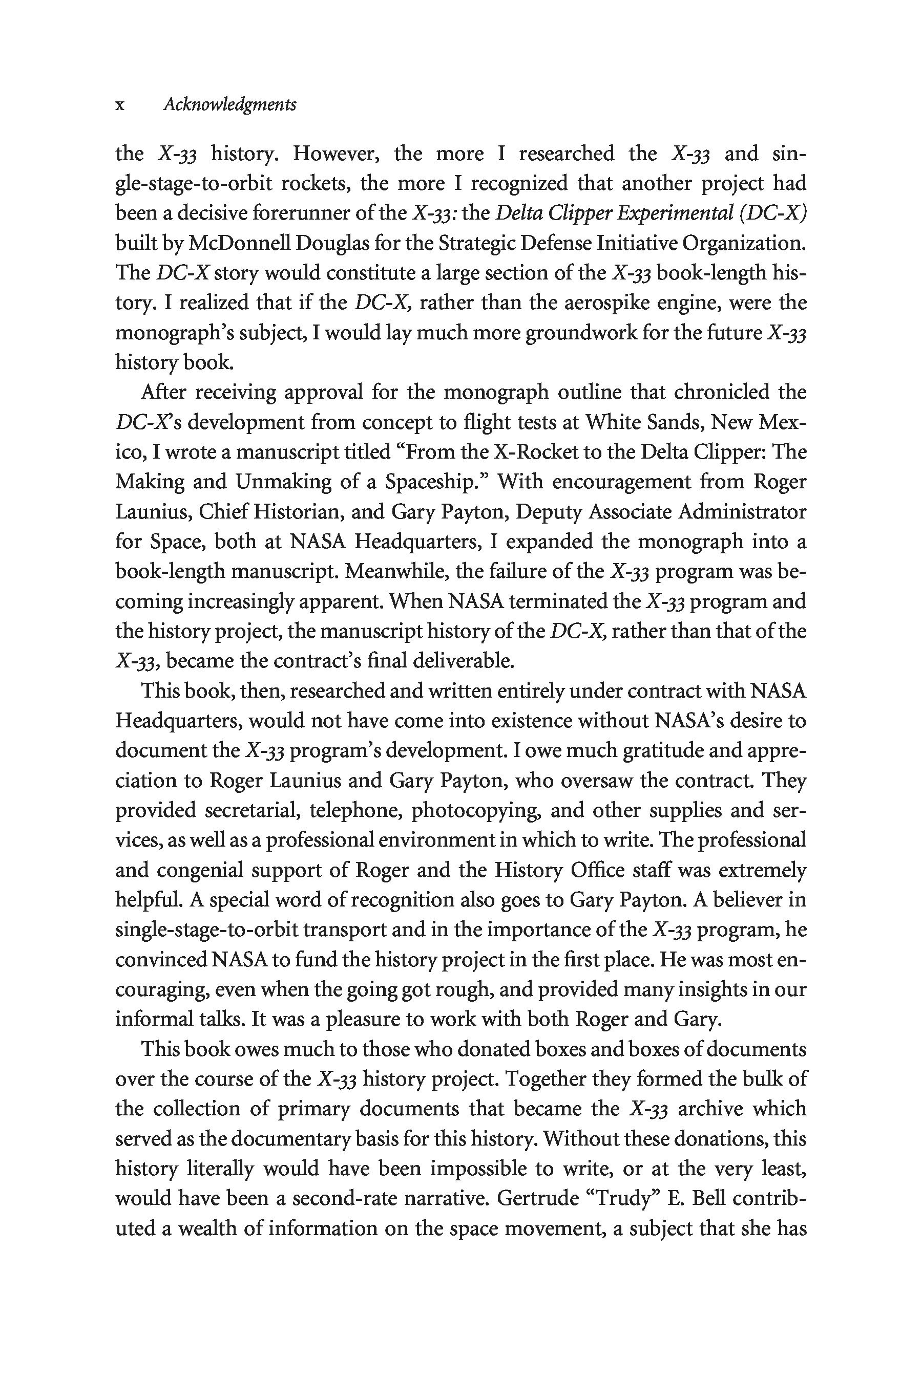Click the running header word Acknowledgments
click(x=230, y=104)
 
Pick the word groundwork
click(x=589, y=333)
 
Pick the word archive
click(x=712, y=1109)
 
